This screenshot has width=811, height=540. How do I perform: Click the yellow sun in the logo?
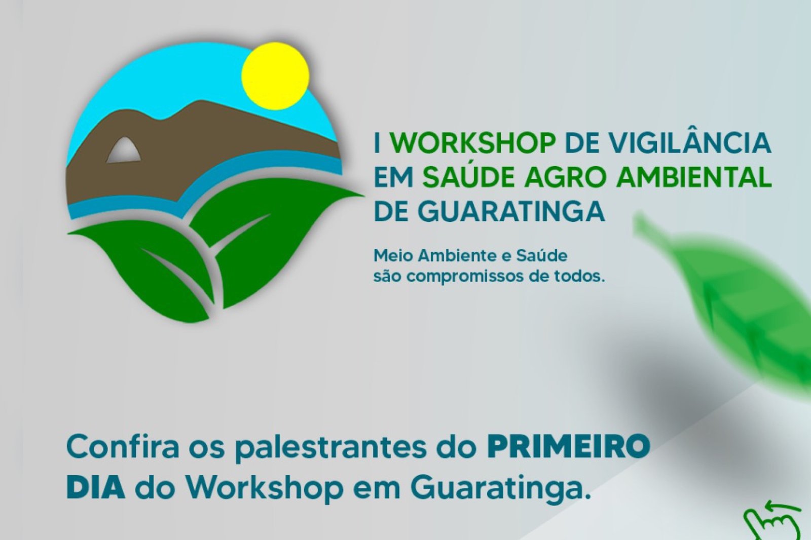275,76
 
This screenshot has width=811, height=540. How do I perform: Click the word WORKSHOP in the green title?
473,143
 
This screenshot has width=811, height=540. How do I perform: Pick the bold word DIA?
96,489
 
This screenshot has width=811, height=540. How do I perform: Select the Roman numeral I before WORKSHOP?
377,143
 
